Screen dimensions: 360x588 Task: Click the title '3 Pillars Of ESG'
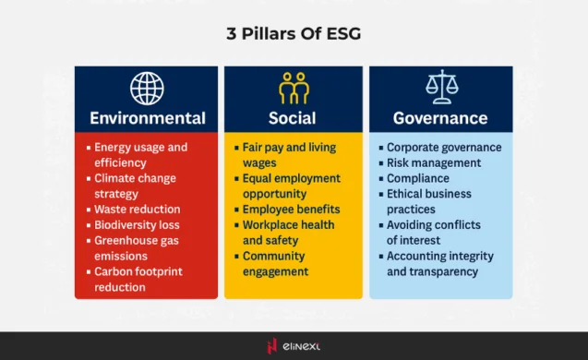[294, 34]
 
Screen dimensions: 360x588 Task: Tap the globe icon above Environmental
[147, 88]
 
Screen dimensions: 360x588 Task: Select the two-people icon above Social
[294, 88]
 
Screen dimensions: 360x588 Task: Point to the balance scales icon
[440, 87]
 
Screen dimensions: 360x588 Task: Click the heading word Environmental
[147, 118]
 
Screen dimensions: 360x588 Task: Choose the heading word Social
[293, 118]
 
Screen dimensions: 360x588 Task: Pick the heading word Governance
[440, 118]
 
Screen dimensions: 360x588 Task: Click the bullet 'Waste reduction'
[137, 210]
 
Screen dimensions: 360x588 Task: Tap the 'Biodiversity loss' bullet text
[137, 225]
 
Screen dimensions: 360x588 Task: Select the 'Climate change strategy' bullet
[135, 186]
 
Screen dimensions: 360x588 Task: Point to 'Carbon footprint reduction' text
[138, 280]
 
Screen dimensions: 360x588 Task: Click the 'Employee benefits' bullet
[287, 210]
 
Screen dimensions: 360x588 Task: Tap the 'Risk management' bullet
[433, 163]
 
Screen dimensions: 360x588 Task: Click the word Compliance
[417, 178]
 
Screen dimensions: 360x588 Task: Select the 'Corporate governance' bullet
[443, 148]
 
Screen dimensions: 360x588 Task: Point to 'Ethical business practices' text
[428, 202]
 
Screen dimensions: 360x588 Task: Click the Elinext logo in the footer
[294, 346]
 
